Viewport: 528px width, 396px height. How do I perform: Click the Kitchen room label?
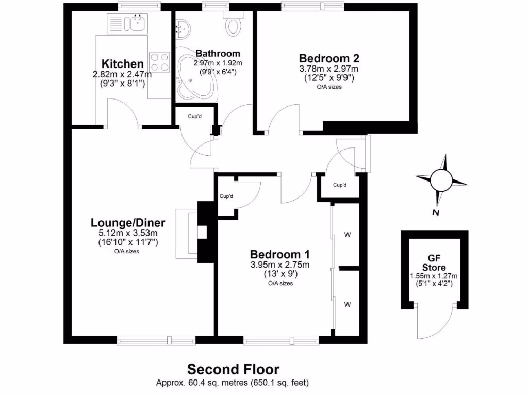click(122, 64)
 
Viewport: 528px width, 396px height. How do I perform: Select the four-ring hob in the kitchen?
click(159, 62)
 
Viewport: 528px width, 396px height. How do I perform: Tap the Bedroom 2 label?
click(329, 58)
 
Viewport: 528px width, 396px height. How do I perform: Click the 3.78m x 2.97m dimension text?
click(329, 69)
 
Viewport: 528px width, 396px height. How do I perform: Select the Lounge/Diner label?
click(128, 223)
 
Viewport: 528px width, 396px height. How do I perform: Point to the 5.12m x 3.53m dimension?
click(128, 233)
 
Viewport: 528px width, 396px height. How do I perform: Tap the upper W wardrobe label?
click(348, 235)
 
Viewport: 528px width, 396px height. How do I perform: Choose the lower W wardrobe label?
click(348, 304)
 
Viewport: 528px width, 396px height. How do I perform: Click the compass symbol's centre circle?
click(441, 179)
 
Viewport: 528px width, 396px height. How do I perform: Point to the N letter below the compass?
click(436, 212)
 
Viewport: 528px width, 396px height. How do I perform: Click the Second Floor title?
click(233, 369)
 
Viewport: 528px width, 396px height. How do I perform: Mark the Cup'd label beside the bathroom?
click(194, 115)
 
